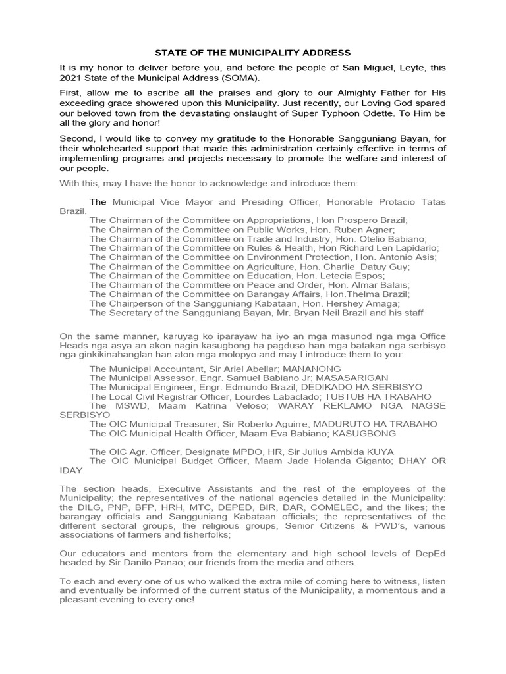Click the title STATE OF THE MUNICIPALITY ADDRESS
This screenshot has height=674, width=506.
252,52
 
